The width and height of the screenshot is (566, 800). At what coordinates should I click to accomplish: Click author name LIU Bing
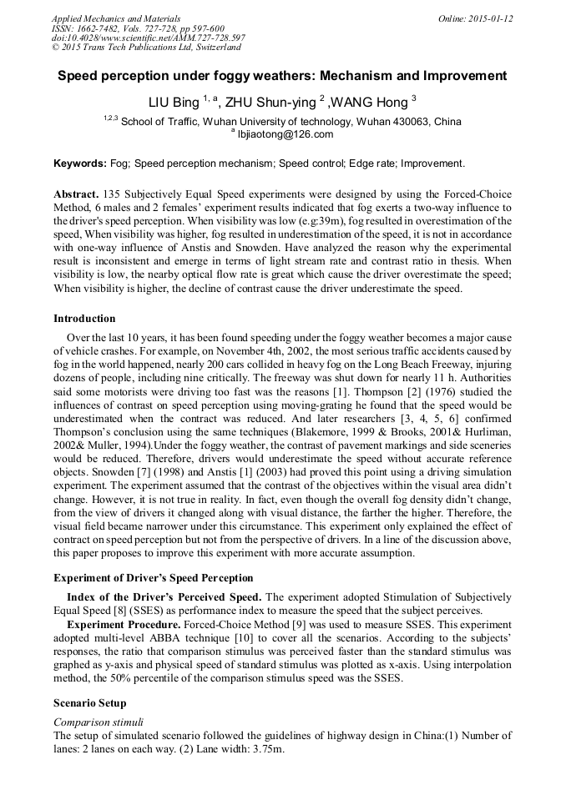click(x=174, y=103)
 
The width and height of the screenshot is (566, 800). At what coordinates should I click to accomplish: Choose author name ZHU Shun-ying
click(x=271, y=103)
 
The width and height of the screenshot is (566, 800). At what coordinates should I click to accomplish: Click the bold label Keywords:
click(x=79, y=164)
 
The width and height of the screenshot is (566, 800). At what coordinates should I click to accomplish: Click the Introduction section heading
click(x=84, y=319)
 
